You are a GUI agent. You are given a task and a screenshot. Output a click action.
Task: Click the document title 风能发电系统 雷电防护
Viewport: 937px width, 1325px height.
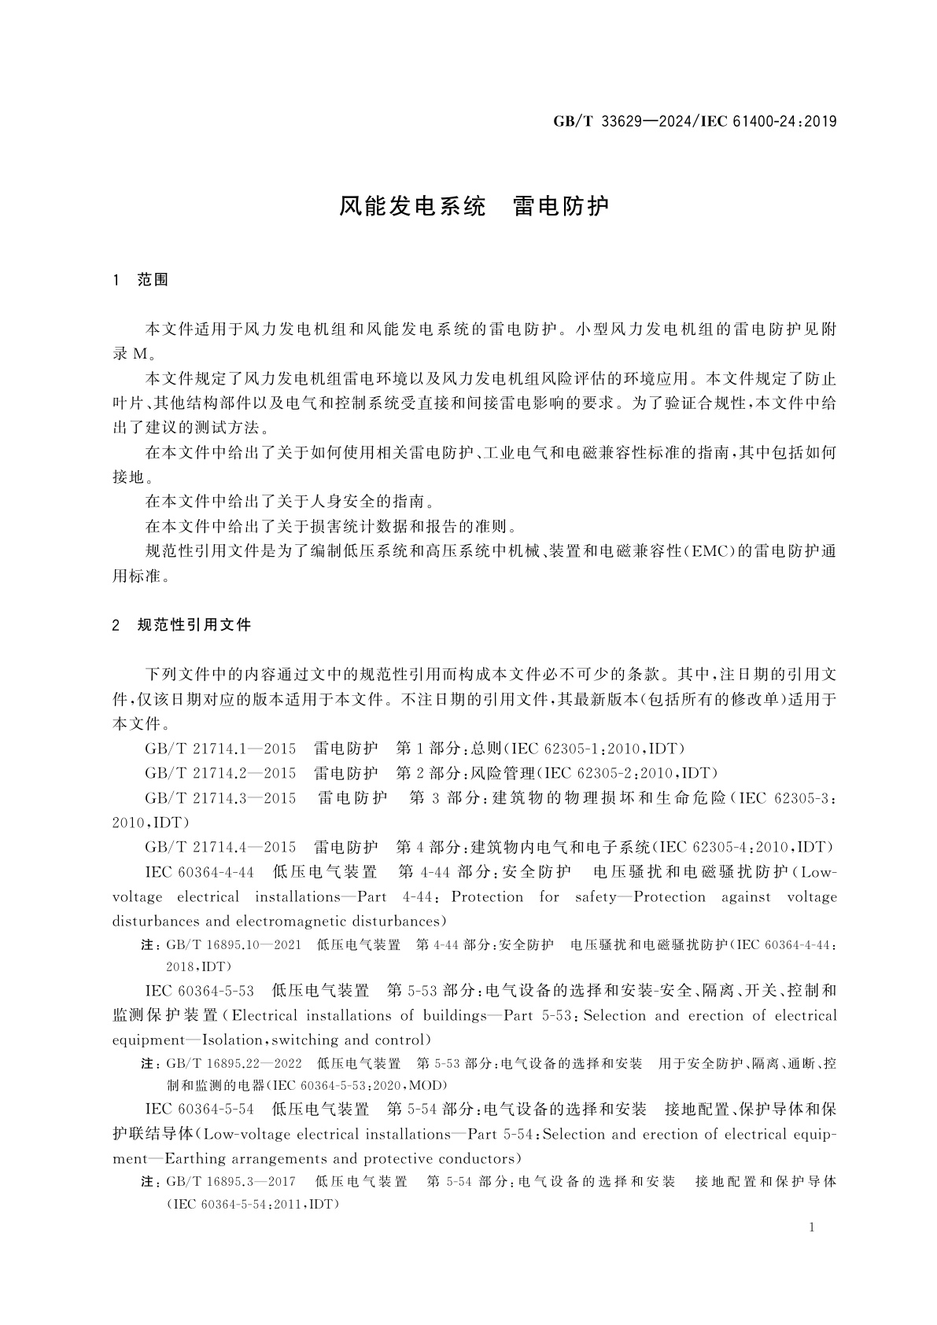[474, 206]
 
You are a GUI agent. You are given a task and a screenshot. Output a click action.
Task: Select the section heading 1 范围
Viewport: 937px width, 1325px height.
[142, 279]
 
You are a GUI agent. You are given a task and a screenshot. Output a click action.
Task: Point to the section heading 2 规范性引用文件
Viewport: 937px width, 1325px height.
[183, 625]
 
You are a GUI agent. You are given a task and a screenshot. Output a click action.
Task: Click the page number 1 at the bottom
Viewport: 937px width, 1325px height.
[812, 1227]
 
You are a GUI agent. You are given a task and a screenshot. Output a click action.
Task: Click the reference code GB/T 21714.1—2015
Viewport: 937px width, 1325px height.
[220, 748]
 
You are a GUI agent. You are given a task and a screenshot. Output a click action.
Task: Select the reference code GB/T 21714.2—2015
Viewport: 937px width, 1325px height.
[220, 772]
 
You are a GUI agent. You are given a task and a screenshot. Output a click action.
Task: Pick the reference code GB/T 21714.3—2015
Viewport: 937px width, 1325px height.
[220, 797]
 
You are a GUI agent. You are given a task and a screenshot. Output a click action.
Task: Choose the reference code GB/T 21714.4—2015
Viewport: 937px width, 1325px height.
[220, 847]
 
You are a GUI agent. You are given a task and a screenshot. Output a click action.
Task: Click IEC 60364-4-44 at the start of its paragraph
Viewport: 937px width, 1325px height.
[200, 872]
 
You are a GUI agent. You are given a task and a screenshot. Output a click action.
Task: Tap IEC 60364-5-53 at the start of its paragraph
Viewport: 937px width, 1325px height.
[200, 990]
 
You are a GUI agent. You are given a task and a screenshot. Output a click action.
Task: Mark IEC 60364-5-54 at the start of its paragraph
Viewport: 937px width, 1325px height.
[200, 1109]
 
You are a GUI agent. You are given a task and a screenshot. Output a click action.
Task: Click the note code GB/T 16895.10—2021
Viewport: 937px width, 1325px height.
[234, 944]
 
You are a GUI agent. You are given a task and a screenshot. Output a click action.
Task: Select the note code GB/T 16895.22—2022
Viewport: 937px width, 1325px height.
[234, 1063]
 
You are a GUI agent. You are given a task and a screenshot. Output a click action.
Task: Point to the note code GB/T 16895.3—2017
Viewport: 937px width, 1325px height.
[231, 1182]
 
